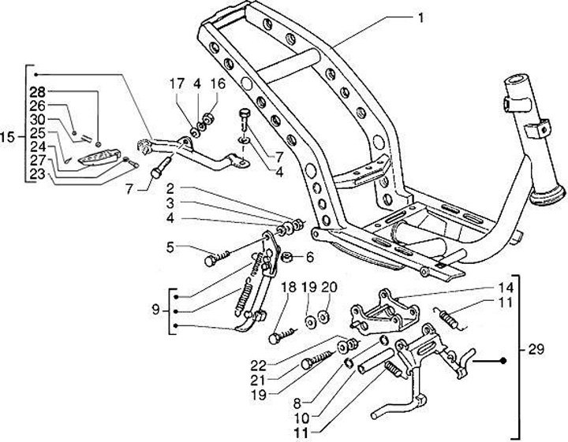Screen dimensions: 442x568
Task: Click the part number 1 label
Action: click(421, 17)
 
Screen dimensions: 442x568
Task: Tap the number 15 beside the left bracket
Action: click(10, 138)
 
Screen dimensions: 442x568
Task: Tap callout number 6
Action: click(309, 257)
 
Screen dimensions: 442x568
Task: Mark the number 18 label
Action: click(289, 287)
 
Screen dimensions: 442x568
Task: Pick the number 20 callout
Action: click(329, 287)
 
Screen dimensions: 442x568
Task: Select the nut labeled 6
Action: click(286, 257)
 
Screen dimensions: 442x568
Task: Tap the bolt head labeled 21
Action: click(308, 365)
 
